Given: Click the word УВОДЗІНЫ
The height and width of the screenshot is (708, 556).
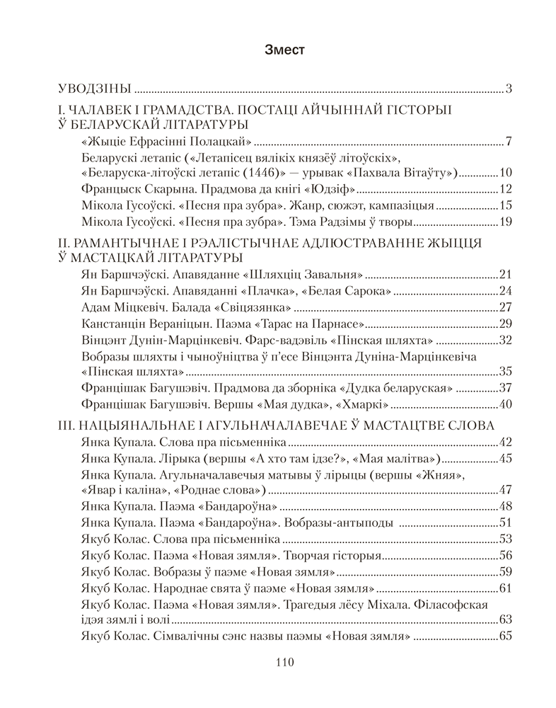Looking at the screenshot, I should tap(95, 89).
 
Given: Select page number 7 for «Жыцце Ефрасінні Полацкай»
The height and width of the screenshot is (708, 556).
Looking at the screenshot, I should tap(508, 140).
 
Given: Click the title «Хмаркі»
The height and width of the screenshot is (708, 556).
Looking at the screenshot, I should tap(361, 406).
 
